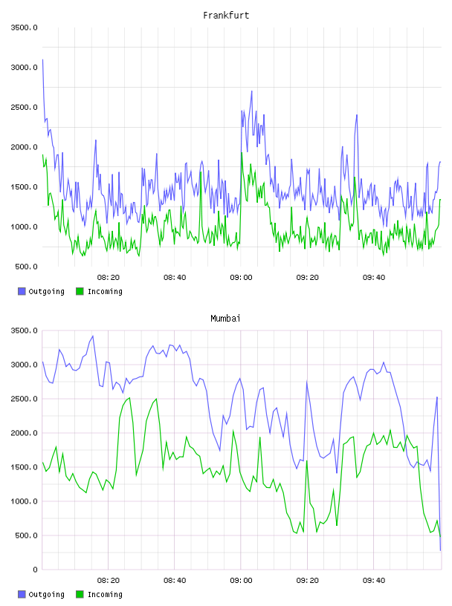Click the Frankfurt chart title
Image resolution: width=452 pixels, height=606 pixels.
226,16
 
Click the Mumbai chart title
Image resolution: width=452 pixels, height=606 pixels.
225,319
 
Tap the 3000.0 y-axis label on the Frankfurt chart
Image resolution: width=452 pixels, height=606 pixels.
25,68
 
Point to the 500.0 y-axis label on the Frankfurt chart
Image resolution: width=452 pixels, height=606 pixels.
26,267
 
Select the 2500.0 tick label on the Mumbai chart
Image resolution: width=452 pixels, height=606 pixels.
25,399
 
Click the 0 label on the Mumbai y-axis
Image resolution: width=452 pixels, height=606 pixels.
35,570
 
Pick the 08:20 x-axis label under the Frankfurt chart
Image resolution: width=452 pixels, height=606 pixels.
109,278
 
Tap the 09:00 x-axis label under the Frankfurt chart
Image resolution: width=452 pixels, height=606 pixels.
241,278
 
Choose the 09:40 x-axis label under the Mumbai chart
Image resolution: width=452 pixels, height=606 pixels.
374,581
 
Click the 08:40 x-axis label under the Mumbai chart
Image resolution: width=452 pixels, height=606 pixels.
175,581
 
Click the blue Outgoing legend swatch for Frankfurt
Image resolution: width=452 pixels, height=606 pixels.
22,291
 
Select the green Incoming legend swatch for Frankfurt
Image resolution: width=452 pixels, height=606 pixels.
80,291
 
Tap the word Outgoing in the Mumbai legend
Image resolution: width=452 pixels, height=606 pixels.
46,594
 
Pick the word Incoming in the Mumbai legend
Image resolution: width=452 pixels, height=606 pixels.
105,594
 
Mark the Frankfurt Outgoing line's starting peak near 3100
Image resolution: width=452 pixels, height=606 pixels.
42,59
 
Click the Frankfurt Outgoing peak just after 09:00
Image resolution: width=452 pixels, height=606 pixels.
251,91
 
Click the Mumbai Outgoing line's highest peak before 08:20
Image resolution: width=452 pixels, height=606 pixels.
93,336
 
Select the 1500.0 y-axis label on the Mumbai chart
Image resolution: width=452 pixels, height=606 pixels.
25,467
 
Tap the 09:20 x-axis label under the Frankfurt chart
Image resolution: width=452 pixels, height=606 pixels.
308,278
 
